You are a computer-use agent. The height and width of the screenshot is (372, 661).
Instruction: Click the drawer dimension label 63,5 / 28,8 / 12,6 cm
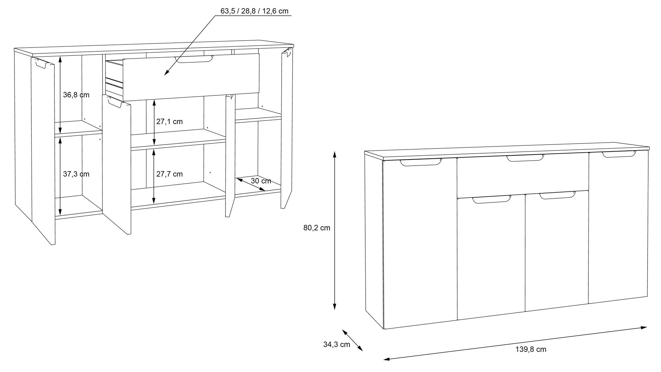point(254,11)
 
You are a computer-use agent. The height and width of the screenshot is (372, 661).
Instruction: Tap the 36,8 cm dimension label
point(76,95)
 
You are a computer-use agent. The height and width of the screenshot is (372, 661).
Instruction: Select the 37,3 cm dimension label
point(76,174)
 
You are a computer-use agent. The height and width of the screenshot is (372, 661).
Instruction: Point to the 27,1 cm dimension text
point(169,122)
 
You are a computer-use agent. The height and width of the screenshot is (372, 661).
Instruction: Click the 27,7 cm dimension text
point(169,174)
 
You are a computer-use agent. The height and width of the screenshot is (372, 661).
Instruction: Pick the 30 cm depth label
point(261,181)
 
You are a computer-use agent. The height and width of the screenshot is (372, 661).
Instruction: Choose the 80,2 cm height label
point(317,228)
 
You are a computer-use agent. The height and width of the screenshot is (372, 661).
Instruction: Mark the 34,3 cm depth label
point(337,344)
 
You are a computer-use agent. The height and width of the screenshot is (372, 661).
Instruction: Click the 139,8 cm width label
point(531,350)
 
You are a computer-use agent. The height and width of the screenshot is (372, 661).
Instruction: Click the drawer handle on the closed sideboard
point(525,158)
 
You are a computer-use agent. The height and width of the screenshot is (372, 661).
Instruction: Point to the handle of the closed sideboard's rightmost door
point(618,155)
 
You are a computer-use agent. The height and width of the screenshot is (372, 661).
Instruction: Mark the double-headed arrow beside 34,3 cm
point(353,340)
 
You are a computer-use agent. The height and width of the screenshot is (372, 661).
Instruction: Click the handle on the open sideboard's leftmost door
point(41,64)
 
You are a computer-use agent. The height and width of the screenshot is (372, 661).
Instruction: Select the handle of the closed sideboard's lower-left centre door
point(492,200)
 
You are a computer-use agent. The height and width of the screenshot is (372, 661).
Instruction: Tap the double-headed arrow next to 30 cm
point(251,184)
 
